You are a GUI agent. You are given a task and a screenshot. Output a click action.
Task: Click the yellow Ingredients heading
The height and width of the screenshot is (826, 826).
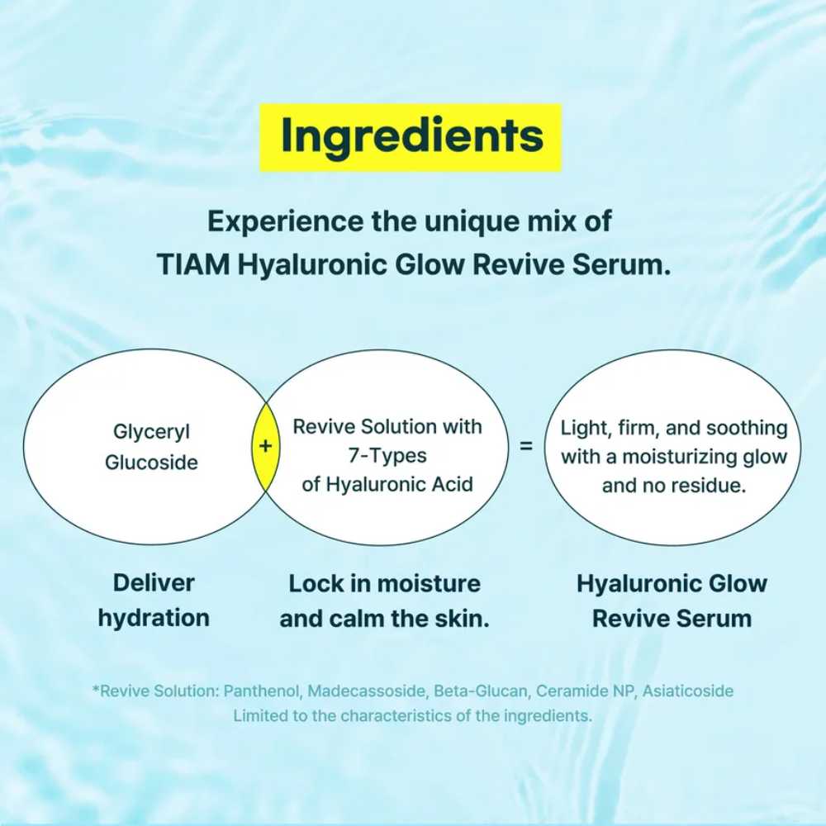pos(411,137)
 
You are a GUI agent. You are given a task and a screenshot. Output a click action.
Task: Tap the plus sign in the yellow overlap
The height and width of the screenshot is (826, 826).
pos(265,446)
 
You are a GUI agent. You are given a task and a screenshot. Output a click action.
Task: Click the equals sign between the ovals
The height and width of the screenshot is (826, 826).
pos(525,446)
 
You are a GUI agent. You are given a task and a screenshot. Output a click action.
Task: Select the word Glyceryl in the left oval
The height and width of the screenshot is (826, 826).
pos(151,432)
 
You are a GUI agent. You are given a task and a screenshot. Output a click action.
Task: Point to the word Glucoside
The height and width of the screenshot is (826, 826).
pos(151,463)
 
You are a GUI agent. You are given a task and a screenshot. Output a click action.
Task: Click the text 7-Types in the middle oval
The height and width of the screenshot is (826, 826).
pos(387,456)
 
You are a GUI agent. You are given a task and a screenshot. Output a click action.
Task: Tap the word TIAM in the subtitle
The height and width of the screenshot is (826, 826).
pos(194,264)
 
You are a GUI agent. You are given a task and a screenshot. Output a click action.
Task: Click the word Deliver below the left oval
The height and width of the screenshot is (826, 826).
pos(154,582)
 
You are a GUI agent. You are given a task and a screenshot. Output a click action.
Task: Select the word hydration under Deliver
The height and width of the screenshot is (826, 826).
pos(154,618)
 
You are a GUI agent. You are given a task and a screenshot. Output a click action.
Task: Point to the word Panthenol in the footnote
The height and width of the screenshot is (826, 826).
pos(262,691)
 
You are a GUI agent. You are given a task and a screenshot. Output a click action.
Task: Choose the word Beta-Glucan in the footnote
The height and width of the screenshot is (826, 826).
pos(481,691)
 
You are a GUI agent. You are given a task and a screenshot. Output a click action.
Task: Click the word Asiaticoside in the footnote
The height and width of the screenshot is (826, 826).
pos(687,691)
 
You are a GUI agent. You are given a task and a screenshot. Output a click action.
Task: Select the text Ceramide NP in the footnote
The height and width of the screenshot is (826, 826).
pos(585,691)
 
